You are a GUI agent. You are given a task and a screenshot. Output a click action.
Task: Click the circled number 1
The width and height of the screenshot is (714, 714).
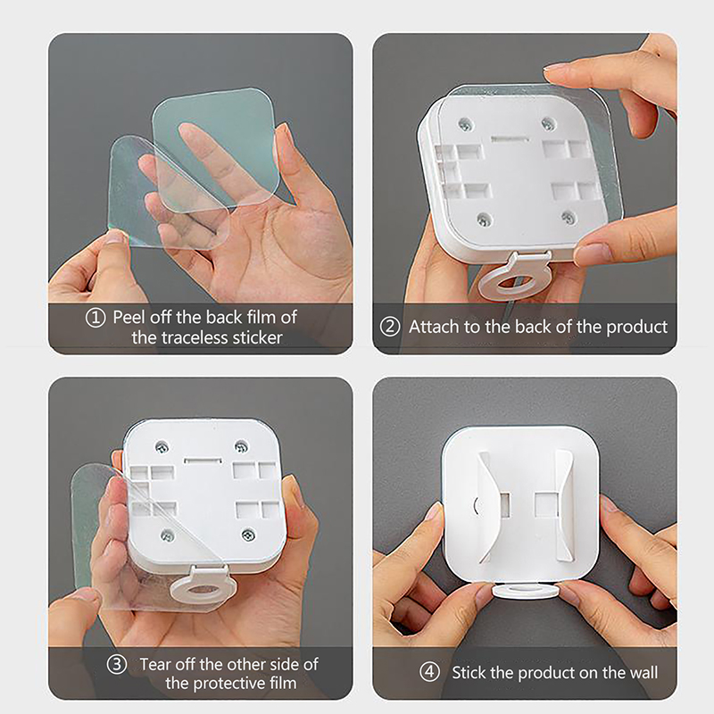[95, 318]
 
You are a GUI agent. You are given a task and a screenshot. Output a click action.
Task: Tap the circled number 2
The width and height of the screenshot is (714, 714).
[390, 327]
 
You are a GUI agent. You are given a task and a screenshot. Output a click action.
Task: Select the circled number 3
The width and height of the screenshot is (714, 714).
[117, 664]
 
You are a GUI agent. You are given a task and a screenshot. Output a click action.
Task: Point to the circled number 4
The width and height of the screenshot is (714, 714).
[429, 672]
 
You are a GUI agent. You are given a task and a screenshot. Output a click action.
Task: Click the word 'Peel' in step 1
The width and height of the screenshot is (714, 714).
[129, 317]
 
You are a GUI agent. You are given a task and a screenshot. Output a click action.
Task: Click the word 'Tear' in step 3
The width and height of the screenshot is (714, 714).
[154, 664]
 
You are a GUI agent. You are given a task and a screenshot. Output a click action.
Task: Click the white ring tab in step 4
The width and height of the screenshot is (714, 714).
[527, 591]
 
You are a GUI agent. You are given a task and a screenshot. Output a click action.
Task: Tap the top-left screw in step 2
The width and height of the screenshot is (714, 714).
[465, 123]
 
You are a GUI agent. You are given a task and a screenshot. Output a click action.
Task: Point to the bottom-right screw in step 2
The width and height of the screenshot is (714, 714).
[568, 217]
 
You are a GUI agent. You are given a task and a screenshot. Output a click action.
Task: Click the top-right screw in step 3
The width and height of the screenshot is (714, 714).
[241, 446]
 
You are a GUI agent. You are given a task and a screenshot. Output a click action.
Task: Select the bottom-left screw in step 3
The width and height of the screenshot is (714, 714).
[168, 535]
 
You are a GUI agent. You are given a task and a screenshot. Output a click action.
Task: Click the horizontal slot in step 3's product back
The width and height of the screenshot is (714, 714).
[203, 461]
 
